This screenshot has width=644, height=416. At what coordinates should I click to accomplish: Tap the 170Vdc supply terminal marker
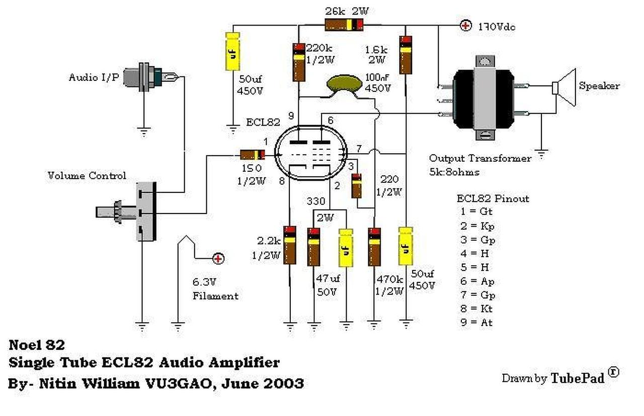[466, 25]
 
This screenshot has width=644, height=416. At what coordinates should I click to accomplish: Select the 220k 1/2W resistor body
[299, 62]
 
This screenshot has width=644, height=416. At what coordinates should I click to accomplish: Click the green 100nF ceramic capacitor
[346, 84]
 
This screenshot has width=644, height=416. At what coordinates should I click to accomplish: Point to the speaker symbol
[564, 87]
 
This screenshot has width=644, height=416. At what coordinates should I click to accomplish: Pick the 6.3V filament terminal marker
[218, 259]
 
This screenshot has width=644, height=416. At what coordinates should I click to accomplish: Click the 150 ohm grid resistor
[252, 155]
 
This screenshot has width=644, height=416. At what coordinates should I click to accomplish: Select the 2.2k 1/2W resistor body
[289, 245]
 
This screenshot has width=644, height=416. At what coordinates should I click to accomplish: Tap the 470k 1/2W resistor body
[374, 246]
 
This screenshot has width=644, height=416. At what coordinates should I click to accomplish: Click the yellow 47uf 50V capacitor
[346, 246]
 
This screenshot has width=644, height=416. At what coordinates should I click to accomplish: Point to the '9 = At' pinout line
[475, 323]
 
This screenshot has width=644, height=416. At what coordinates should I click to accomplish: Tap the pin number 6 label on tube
[330, 121]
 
